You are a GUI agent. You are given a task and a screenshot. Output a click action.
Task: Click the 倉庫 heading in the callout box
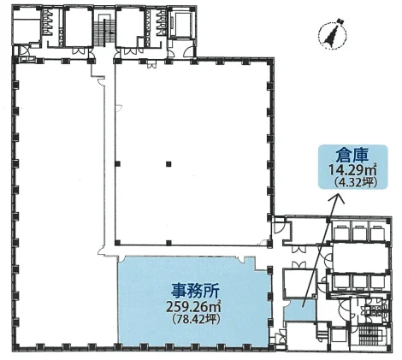(353, 156)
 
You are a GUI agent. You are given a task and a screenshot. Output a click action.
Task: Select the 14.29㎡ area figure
(353, 170)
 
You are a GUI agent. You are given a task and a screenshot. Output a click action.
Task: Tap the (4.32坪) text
(353, 182)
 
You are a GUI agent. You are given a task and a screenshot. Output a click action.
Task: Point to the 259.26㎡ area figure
(194, 307)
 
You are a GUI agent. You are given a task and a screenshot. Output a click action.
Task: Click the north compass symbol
(332, 33)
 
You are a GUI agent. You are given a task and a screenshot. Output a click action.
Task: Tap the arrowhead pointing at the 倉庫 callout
(339, 198)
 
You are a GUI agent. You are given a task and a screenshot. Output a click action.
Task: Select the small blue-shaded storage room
(300, 310)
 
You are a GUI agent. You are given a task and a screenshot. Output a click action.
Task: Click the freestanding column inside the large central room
(168, 164)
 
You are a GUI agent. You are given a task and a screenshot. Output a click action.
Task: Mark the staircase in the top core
(103, 32)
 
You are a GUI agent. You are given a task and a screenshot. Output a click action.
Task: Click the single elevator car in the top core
(181, 24)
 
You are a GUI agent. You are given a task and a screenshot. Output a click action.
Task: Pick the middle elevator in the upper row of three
(360, 232)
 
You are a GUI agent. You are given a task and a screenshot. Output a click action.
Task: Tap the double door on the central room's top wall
(151, 65)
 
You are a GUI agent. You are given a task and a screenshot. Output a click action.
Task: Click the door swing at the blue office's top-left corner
(121, 259)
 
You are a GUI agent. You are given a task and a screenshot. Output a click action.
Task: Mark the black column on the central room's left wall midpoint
(117, 164)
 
